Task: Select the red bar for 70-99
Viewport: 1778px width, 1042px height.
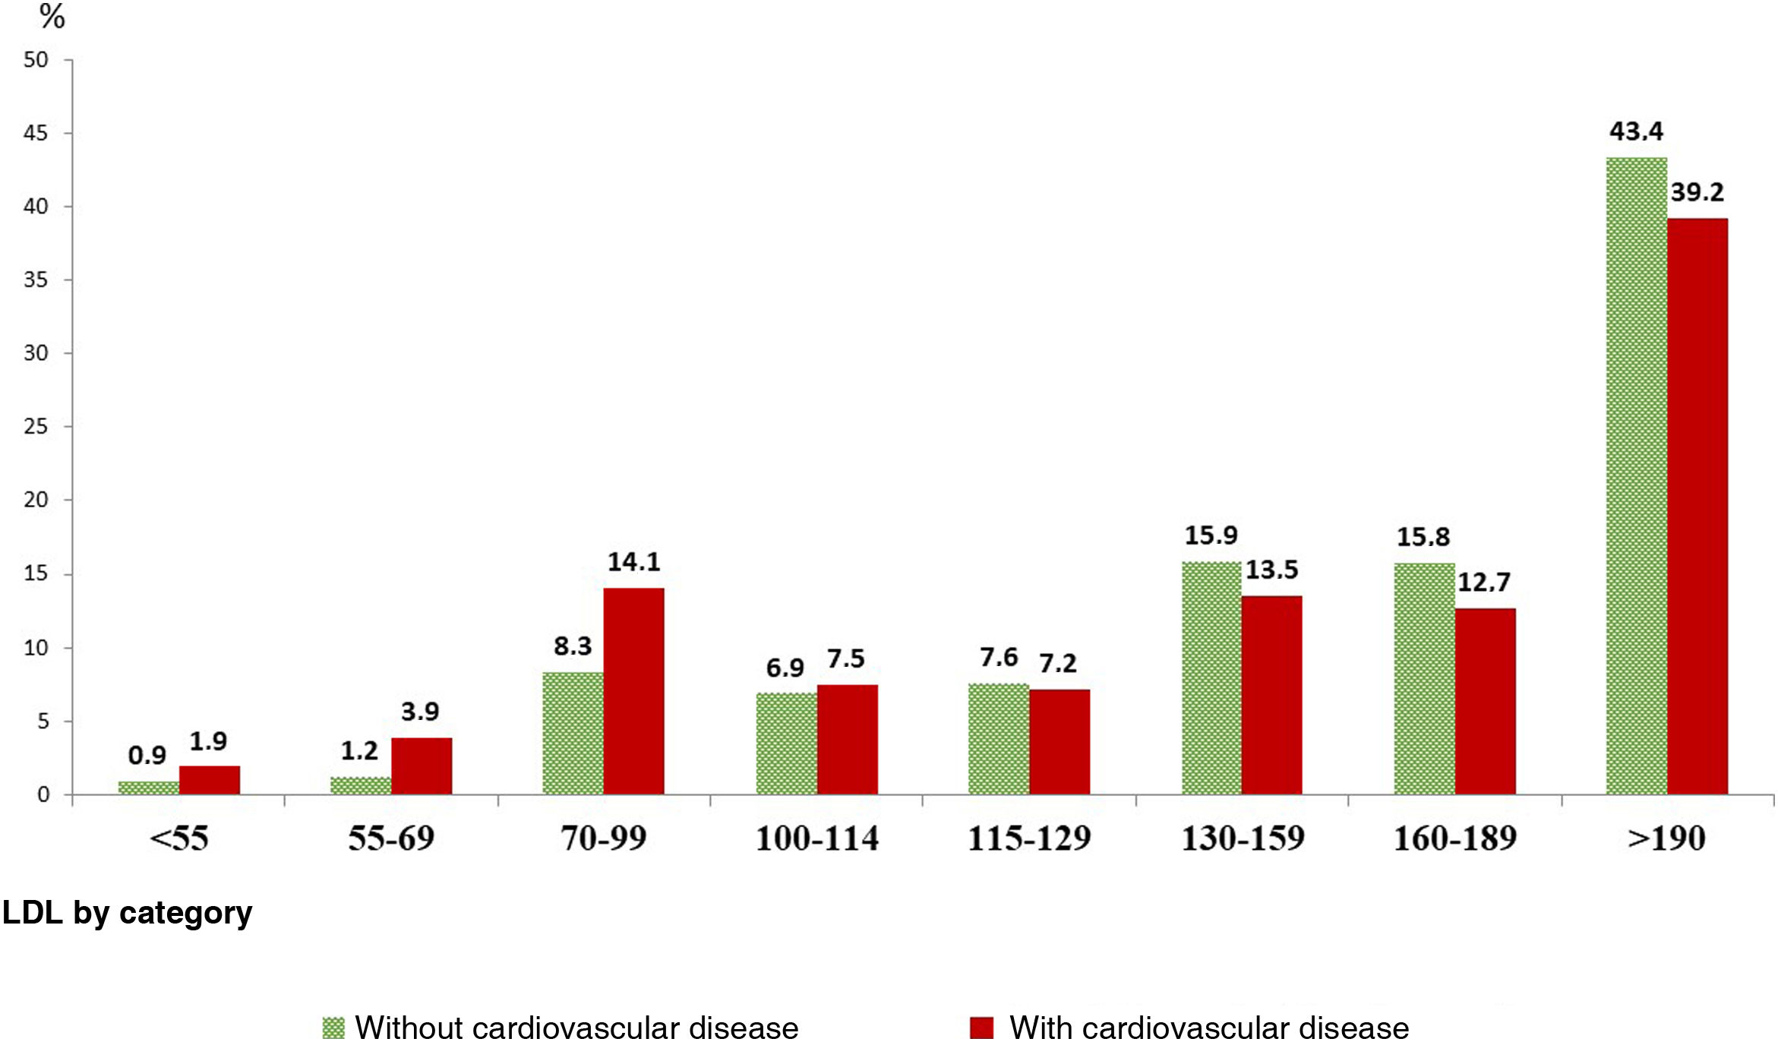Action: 633,691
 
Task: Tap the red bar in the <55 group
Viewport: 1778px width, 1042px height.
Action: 209,780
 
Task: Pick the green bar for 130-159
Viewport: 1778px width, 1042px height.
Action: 1211,678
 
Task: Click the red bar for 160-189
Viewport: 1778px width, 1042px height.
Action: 1485,701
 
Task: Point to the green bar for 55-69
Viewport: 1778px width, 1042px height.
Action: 361,786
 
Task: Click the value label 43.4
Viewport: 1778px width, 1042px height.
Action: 1636,131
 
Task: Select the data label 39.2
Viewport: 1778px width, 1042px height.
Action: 1697,192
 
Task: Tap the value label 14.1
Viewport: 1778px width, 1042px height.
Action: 633,562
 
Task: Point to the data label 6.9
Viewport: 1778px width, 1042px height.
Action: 785,668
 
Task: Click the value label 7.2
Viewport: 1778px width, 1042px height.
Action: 1057,664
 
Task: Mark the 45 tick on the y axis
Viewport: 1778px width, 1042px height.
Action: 36,134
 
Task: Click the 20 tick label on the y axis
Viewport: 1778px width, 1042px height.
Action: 36,500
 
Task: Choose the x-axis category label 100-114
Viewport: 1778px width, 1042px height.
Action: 816,838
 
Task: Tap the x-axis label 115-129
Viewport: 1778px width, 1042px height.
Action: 1029,838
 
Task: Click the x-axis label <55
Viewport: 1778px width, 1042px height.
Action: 179,838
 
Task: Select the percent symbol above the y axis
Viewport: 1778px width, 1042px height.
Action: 52,17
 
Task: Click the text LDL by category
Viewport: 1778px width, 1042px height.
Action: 127,912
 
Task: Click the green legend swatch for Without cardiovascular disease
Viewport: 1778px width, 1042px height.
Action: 333,1028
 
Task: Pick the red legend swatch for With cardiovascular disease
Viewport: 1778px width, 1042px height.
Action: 981,1028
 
